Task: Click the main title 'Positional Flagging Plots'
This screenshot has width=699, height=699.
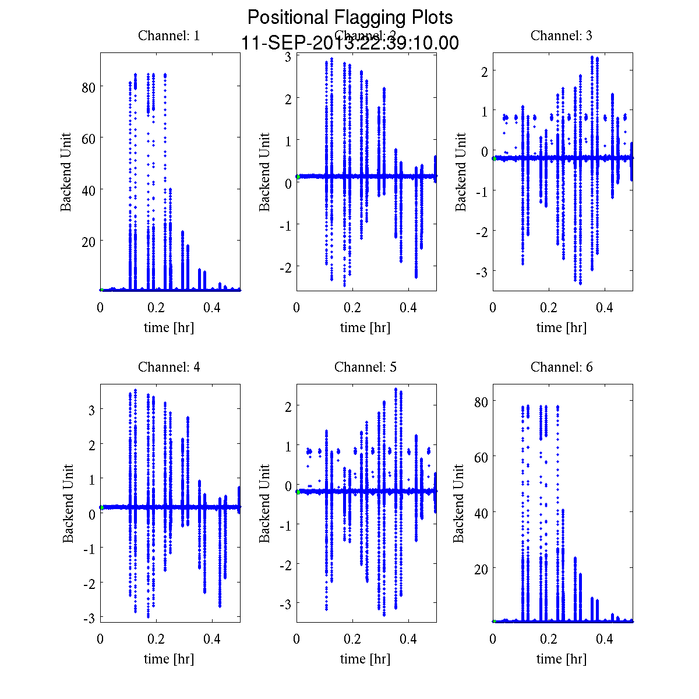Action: [350, 17]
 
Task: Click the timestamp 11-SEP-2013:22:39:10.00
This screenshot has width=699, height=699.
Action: [350, 43]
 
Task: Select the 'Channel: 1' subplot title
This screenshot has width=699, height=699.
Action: [169, 36]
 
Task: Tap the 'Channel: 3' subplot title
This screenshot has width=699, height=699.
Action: [562, 36]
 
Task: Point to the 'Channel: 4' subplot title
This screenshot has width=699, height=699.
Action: [169, 367]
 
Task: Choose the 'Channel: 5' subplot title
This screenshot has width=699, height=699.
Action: [365, 367]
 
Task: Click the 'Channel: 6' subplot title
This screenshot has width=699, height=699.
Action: [562, 367]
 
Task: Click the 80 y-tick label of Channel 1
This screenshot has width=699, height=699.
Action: [89, 86]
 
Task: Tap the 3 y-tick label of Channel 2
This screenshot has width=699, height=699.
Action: [288, 57]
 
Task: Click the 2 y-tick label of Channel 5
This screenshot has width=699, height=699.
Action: [288, 407]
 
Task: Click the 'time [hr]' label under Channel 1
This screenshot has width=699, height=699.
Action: [169, 327]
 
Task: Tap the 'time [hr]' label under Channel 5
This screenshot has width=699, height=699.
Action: [365, 659]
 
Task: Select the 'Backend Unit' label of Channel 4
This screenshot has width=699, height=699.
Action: [68, 503]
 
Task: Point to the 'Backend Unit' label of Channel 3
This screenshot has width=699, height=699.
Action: [461, 172]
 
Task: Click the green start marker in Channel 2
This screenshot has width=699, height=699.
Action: [298, 176]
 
